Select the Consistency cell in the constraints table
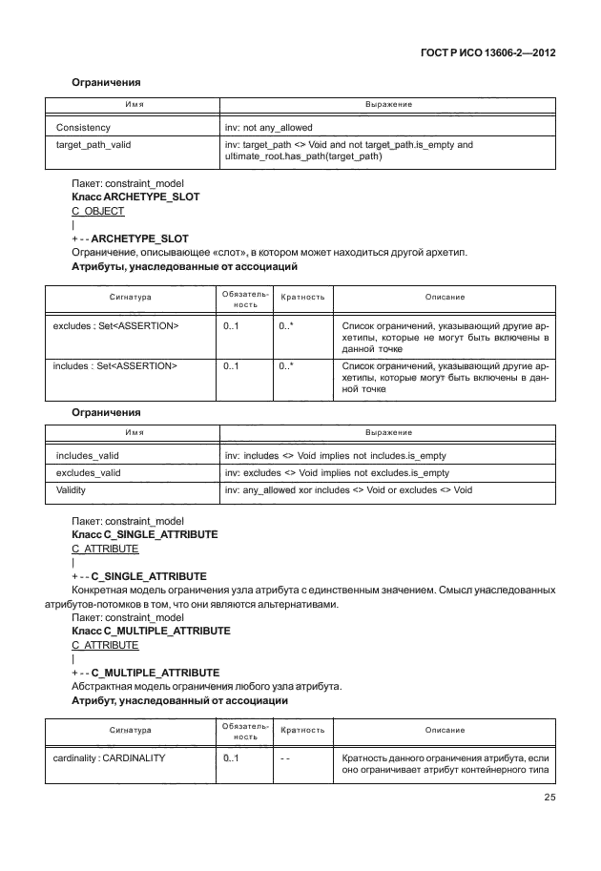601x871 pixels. point(83,127)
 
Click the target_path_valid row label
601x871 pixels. point(93,145)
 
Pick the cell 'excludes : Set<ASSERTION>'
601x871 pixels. point(116,326)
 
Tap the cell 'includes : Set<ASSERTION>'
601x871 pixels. point(115,365)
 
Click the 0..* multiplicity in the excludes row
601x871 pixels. point(285,326)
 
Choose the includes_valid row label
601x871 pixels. point(88,456)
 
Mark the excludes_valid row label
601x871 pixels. point(89,473)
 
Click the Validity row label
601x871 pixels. point(73,490)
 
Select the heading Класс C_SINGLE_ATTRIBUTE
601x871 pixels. point(145,535)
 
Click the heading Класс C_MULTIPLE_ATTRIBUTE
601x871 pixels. point(151,632)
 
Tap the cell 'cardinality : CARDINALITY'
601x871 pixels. point(110,758)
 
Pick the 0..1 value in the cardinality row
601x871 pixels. point(230,758)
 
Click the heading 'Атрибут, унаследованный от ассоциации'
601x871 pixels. point(180,701)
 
